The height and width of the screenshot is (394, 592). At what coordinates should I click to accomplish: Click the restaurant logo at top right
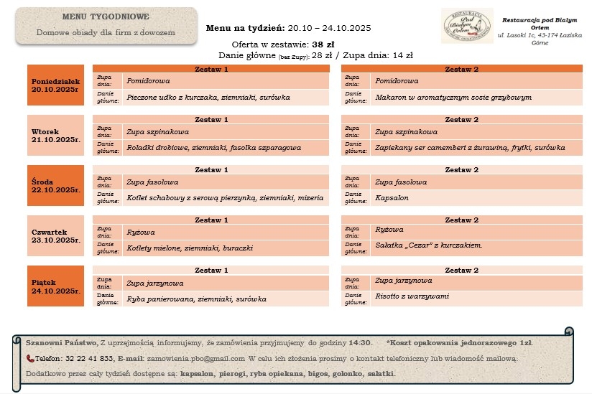(x=467, y=26)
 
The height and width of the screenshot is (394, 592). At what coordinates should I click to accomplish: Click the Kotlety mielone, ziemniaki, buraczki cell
(x=227, y=248)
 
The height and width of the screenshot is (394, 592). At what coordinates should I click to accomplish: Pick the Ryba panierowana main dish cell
(x=227, y=298)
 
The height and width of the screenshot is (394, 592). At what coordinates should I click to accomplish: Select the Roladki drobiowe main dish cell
(x=227, y=147)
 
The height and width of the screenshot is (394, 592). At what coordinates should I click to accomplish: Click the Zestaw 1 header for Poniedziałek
(x=211, y=69)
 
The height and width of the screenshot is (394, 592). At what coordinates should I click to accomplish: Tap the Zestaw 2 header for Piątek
(x=461, y=270)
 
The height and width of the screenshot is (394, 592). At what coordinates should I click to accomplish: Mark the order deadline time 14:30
(x=360, y=343)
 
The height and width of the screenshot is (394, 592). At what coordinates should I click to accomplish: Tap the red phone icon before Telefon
(x=30, y=358)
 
